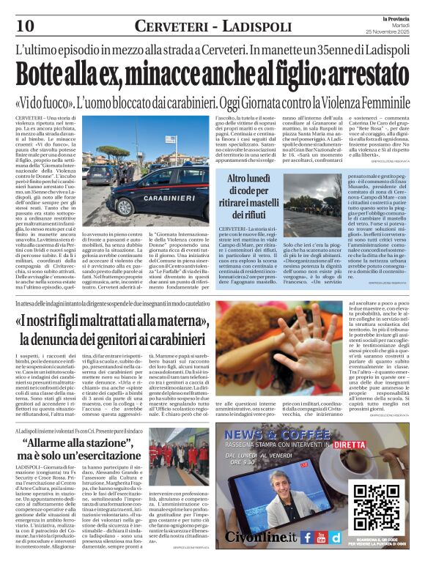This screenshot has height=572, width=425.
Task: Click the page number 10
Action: coord(25,25)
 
